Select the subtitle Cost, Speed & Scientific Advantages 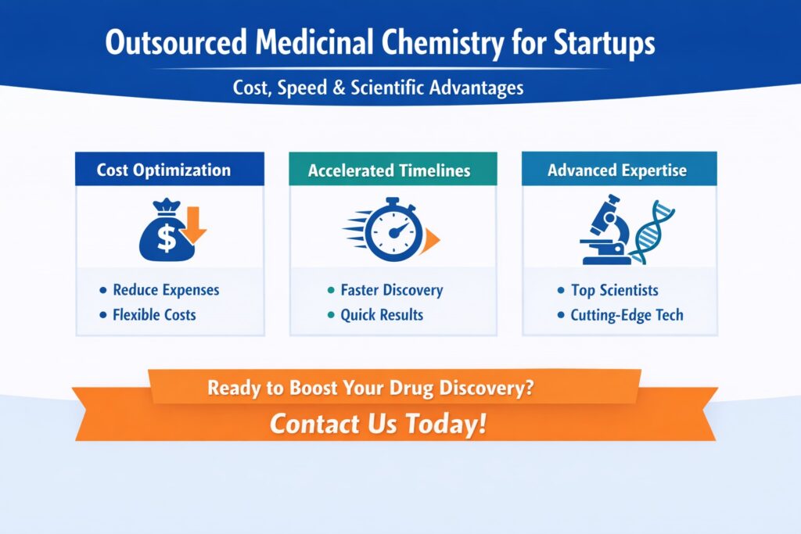(378, 88)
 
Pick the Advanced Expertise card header (617, 170)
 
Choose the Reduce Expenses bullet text (166, 290)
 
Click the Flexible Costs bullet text (154, 315)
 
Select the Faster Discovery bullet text (391, 291)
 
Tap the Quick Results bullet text (382, 315)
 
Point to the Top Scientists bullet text (614, 291)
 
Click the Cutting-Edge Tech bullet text (627, 316)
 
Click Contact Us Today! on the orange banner (378, 425)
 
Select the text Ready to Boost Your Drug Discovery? (371, 388)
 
